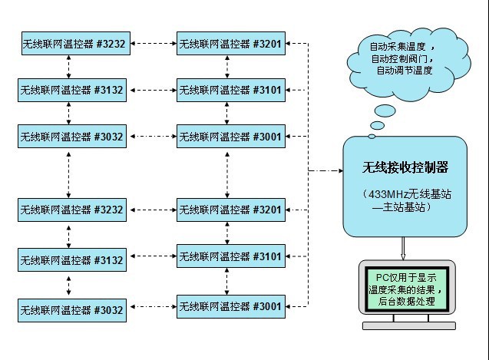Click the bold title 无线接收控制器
405,167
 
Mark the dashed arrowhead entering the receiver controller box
338,170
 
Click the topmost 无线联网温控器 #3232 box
72,45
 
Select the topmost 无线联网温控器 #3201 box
230,45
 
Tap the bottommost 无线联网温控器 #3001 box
230,307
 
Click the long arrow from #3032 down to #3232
70,173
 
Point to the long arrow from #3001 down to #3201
226,173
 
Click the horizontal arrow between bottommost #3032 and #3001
151,309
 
